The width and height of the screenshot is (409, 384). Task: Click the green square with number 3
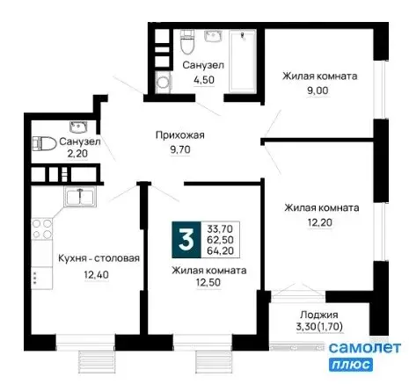186,237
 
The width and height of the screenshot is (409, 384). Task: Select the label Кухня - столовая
74,258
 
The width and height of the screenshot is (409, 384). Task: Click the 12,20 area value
320,223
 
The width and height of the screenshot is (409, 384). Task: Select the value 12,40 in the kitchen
74,274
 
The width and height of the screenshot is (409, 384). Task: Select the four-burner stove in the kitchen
40,230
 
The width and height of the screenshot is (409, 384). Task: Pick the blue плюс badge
352,364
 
